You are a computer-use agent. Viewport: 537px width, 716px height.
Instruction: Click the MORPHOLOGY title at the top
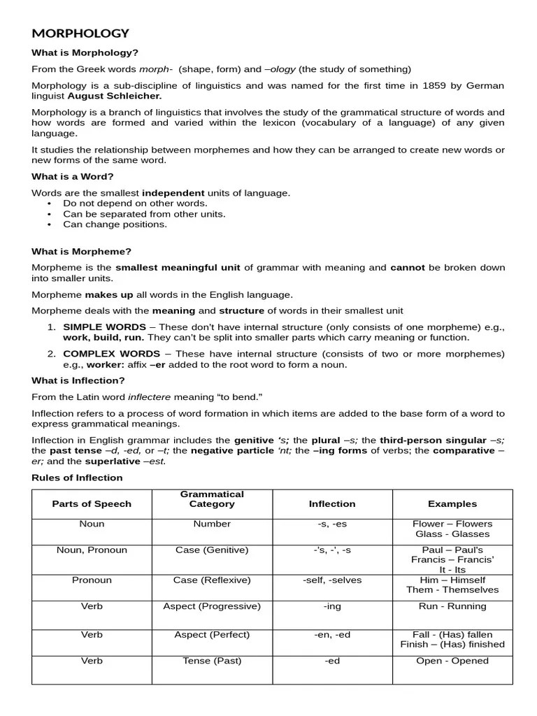(x=80, y=33)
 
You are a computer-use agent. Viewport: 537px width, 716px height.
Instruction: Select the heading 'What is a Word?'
(x=73, y=176)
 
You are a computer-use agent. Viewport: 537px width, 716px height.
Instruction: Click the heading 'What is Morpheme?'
(x=81, y=251)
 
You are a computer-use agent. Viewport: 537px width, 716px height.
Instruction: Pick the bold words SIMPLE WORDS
(x=105, y=327)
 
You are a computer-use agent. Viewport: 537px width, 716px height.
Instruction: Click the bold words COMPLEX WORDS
(x=111, y=354)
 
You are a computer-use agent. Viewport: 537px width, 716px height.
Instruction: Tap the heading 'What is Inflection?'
(x=78, y=380)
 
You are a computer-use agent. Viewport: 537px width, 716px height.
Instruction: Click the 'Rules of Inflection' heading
(x=77, y=478)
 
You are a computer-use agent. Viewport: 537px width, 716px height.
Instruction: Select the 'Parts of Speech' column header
(x=92, y=503)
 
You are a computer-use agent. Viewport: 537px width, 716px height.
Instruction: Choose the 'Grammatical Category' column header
(x=212, y=499)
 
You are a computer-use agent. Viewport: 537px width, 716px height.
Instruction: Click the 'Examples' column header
(x=452, y=503)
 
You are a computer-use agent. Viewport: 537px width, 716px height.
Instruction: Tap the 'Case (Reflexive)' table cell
(x=212, y=580)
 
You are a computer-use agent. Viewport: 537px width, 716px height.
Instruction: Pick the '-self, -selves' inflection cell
(x=332, y=580)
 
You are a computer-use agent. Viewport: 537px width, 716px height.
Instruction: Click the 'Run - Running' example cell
(x=452, y=606)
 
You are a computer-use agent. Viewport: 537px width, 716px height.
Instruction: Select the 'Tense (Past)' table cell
(x=212, y=660)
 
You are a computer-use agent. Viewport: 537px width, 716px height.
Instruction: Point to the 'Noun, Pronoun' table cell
(x=92, y=550)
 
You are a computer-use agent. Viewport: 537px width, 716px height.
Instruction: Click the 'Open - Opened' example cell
(x=452, y=660)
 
